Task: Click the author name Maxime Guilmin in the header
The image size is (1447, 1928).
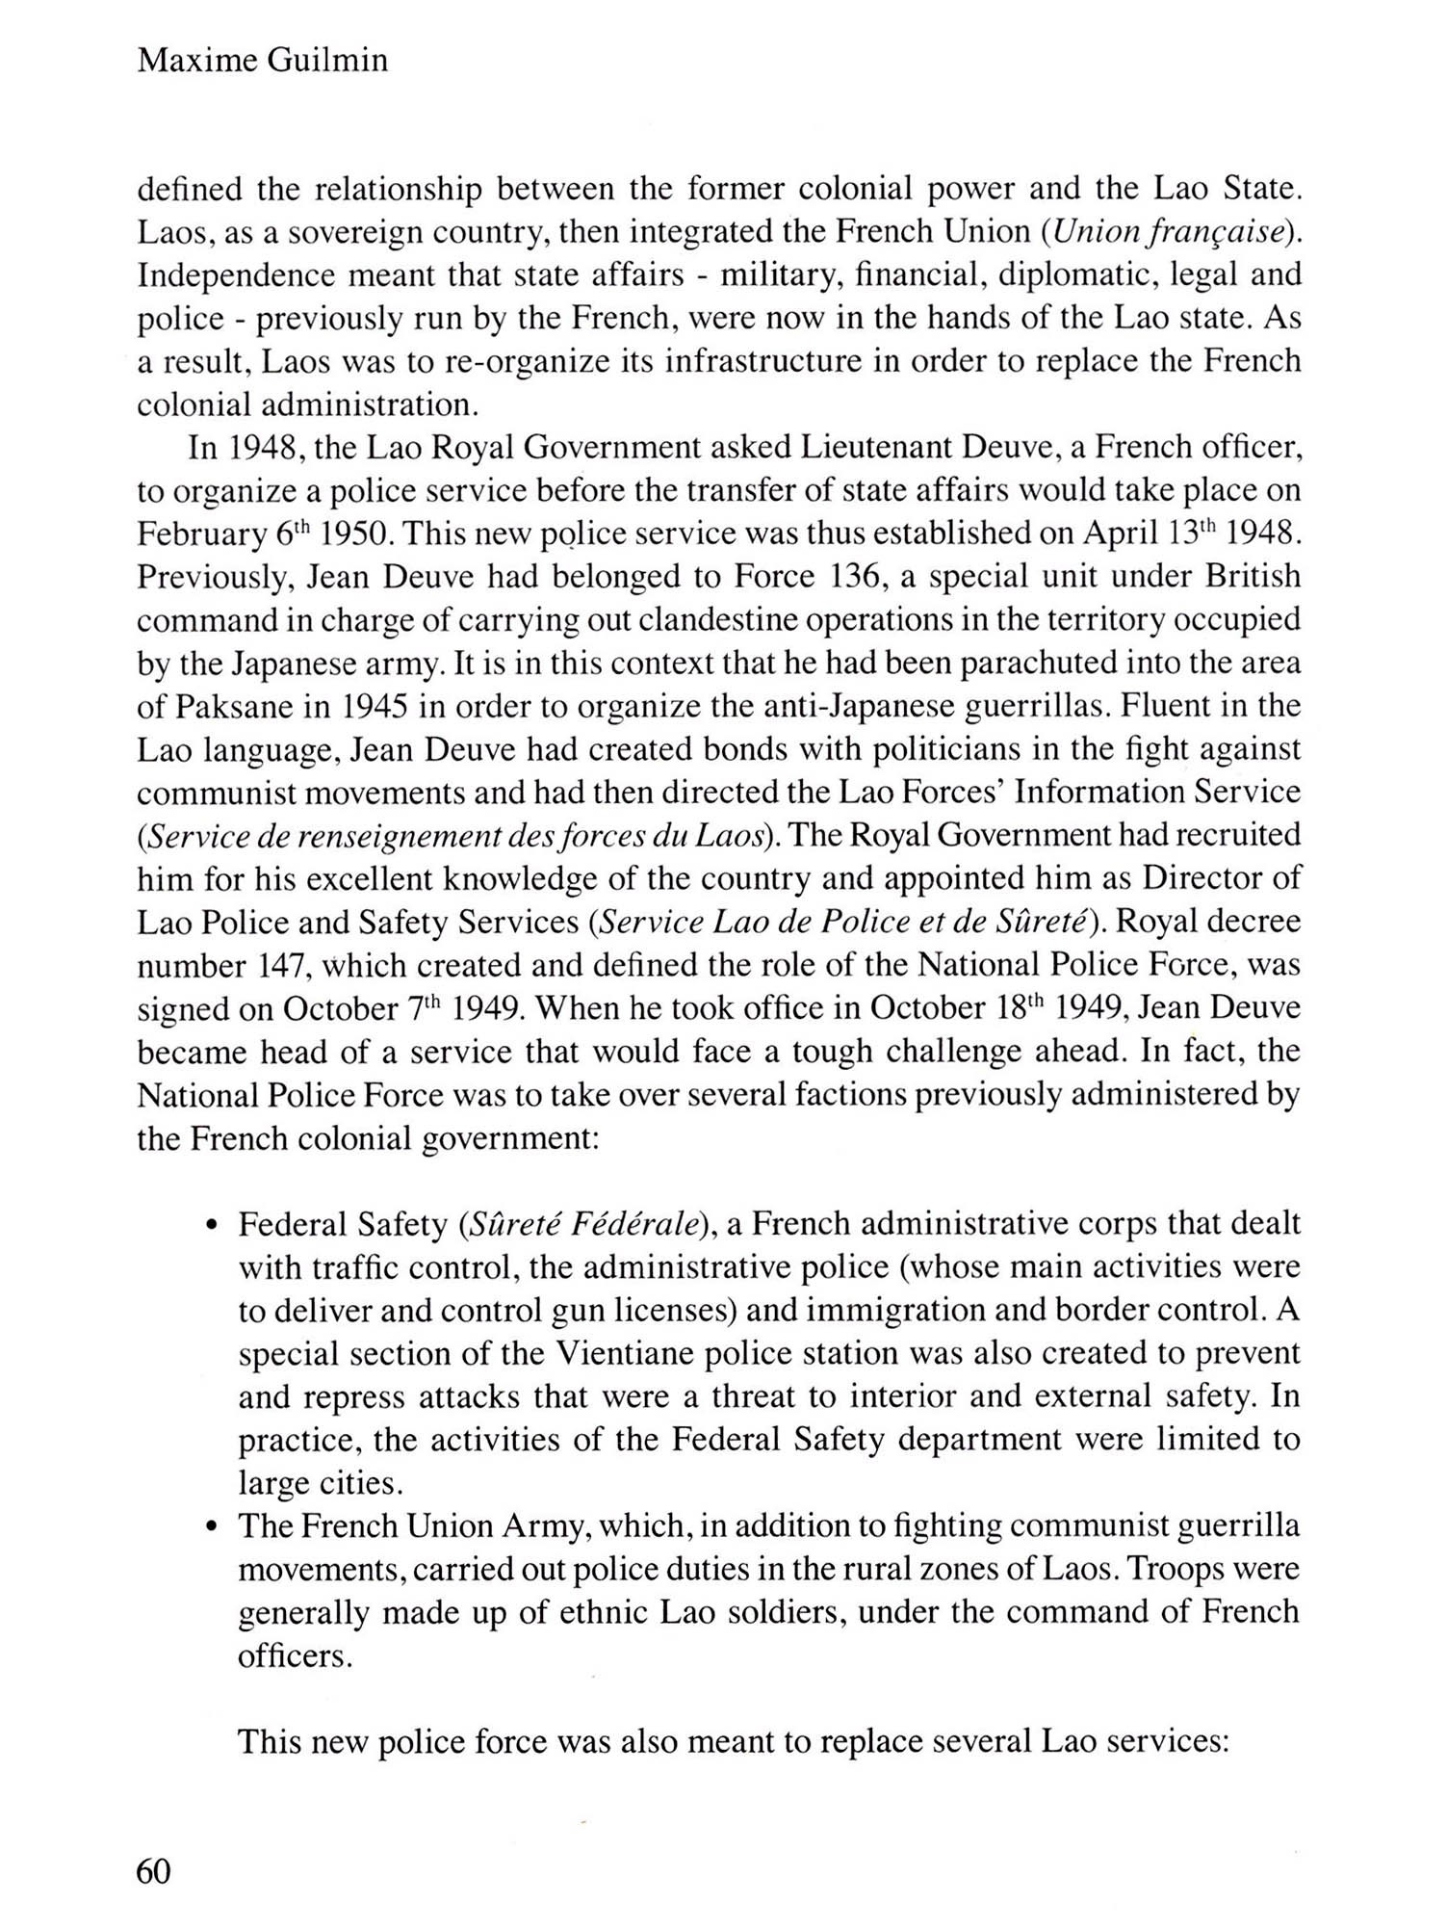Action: [263, 61]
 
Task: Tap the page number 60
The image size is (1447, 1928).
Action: [154, 1871]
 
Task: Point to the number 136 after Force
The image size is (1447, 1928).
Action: [857, 577]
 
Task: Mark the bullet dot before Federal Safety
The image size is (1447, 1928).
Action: [211, 1227]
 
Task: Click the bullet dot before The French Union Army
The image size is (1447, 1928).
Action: [211, 1528]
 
